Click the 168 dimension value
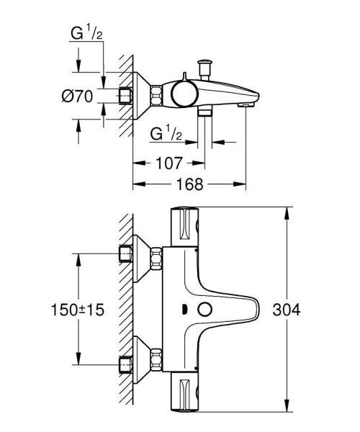pos(189,185)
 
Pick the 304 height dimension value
pos(287,309)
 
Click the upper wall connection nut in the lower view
pos(126,254)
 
